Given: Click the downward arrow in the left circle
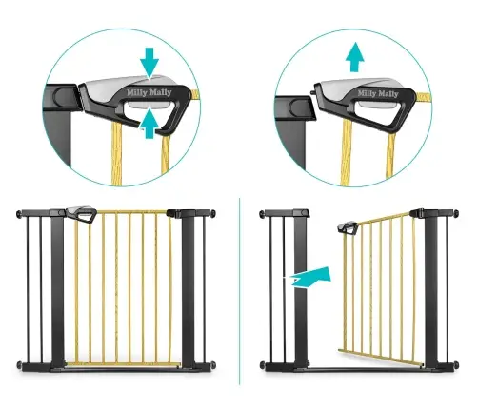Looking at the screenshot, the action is click(x=149, y=62).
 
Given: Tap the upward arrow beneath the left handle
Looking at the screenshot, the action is click(x=149, y=125).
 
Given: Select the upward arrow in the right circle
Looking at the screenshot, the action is click(x=355, y=57).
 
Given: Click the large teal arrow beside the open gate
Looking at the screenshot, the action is click(x=312, y=278).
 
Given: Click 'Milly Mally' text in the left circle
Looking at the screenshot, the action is click(x=149, y=92).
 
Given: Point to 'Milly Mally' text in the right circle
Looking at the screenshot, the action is click(x=378, y=93).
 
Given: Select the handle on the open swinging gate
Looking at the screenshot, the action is click(x=348, y=227).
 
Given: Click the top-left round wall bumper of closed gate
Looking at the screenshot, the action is click(x=19, y=214).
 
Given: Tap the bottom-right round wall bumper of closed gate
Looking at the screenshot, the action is click(x=212, y=364).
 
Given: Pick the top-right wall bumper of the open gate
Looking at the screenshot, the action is click(x=456, y=213).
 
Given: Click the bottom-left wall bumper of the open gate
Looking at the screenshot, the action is click(x=263, y=364).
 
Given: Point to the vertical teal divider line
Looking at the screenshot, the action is click(x=240, y=291).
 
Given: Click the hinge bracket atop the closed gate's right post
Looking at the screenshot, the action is click(x=174, y=213).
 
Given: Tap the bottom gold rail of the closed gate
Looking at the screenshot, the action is click(x=123, y=364).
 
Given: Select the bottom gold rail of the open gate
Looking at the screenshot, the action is click(x=381, y=358).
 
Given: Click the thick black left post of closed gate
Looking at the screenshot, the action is click(x=57, y=290).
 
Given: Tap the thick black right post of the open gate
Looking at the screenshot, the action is click(x=430, y=290).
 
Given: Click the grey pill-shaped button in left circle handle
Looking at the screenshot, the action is click(x=148, y=106).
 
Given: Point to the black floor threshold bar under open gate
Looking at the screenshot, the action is click(x=362, y=369).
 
